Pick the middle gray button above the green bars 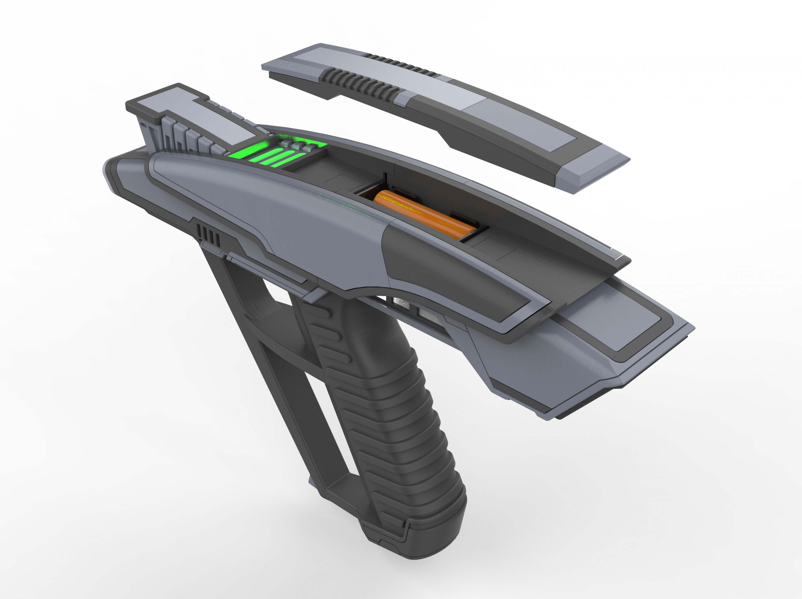[297, 146]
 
